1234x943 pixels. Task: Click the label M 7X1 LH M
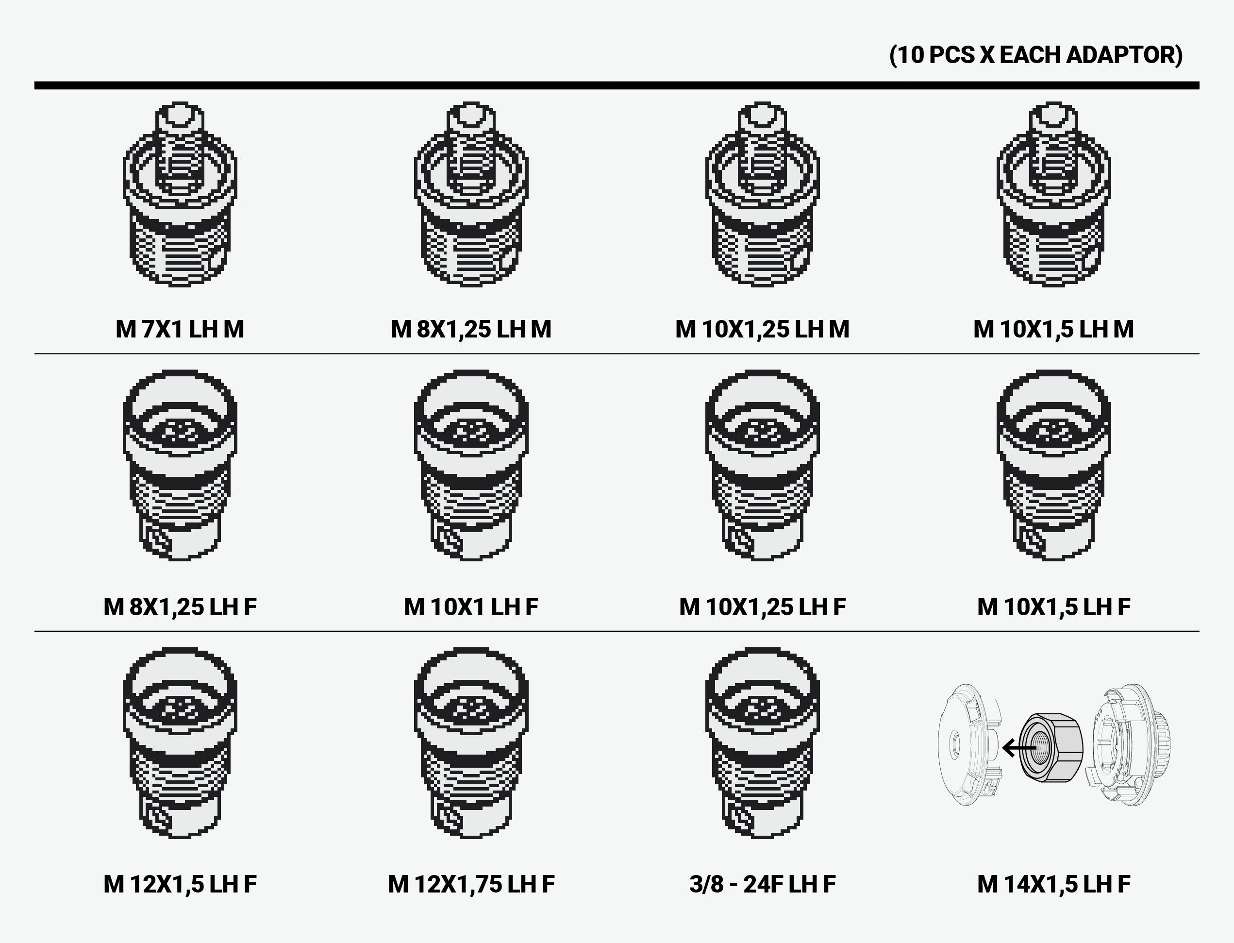click(x=180, y=329)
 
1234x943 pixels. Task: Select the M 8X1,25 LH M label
click(x=471, y=329)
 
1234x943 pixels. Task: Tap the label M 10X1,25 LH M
click(x=762, y=329)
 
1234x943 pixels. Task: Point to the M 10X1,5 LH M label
click(x=1053, y=329)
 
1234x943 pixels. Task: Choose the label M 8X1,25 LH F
click(x=180, y=607)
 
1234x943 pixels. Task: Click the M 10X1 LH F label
click(x=471, y=607)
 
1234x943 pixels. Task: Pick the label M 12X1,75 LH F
click(x=471, y=884)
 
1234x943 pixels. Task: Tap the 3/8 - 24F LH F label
click(x=762, y=884)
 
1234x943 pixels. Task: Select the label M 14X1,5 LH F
click(x=1053, y=884)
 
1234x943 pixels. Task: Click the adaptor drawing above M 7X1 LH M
click(x=180, y=194)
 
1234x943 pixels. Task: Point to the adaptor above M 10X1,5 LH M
click(x=1053, y=194)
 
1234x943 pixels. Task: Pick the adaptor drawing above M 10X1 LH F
click(x=471, y=465)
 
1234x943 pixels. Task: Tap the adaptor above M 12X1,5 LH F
click(x=180, y=742)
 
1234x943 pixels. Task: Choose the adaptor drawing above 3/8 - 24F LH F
click(x=762, y=742)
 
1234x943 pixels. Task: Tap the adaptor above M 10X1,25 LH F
click(x=762, y=465)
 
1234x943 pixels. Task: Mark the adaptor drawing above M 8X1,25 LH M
click(x=471, y=194)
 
